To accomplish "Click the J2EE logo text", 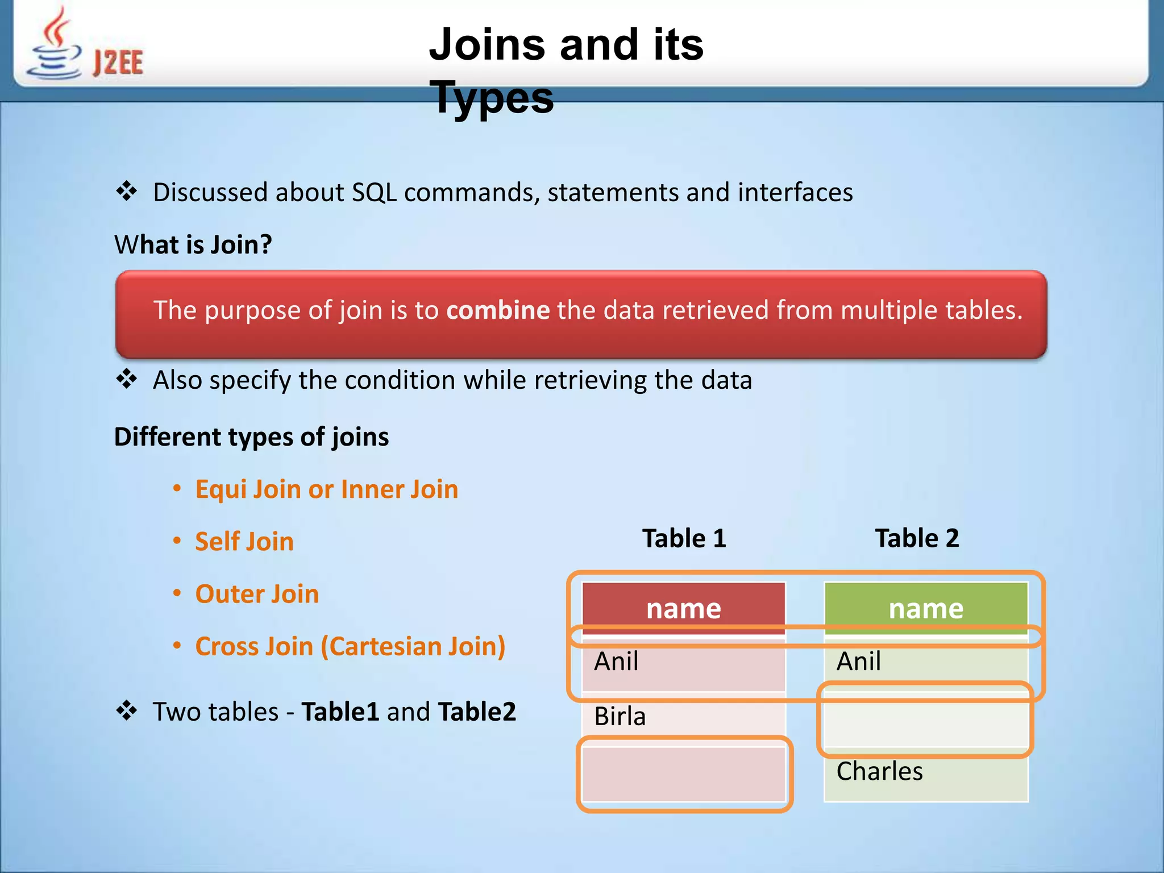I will pos(118,63).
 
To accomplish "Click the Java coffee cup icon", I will pos(55,45).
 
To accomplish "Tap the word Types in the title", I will pos(491,97).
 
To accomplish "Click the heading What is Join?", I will pos(193,245).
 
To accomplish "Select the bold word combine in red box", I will pos(498,310).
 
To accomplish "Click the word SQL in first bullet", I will pos(374,192).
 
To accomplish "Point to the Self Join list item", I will pos(244,541).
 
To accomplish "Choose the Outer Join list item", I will pos(257,594).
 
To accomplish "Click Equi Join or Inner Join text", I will pos(326,489).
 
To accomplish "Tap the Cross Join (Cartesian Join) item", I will pos(350,646).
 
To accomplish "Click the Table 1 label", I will pos(684,538).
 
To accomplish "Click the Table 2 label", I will pos(917,538).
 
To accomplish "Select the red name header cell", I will pos(684,607).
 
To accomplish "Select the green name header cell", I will pos(926,607).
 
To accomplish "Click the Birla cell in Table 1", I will pos(684,716).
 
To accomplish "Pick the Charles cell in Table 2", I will pos(926,772).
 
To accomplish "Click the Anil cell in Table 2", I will pos(926,662).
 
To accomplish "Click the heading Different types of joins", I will pos(251,437).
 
